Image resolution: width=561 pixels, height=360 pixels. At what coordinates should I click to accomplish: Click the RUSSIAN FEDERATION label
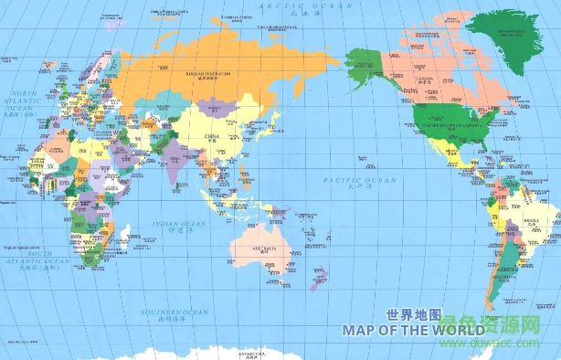click(x=209, y=73)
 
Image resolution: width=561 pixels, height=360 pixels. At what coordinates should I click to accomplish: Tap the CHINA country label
click(x=211, y=137)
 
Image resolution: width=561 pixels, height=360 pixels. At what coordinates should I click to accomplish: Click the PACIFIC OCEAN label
click(x=359, y=182)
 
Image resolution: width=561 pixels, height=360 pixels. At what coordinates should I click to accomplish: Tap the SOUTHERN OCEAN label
click(x=164, y=312)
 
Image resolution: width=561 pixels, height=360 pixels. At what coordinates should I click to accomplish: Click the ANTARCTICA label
click(x=250, y=353)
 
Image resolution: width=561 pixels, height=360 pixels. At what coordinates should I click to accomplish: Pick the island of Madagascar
click(x=123, y=238)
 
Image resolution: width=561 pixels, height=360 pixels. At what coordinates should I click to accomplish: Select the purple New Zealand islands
click(x=318, y=278)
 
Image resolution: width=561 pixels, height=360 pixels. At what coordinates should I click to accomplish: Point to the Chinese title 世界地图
click(x=415, y=313)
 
